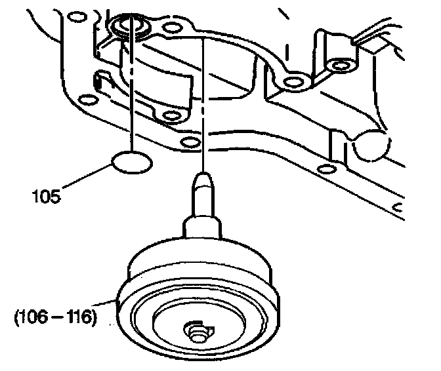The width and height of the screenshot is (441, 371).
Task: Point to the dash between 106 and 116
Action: pyautogui.click(x=57, y=319)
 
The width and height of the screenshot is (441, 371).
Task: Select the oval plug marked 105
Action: pyautogui.click(x=132, y=162)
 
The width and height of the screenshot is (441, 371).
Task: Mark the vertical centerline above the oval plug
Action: pyautogui.click(x=133, y=92)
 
